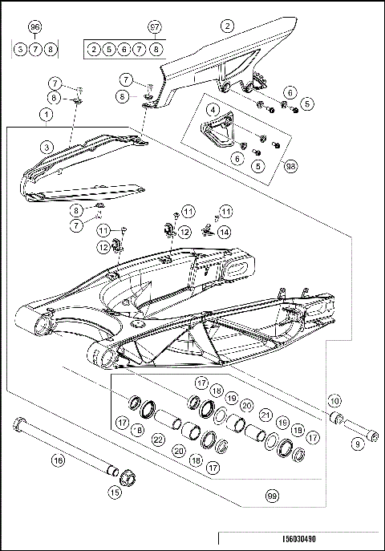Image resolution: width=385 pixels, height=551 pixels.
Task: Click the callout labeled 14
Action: (x=225, y=232)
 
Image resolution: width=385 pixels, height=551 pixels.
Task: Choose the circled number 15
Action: (x=115, y=492)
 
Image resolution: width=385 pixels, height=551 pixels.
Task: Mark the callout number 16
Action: (x=57, y=460)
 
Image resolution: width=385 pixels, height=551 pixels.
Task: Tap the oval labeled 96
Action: (x=34, y=27)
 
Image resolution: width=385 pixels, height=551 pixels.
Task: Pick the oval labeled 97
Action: (x=156, y=27)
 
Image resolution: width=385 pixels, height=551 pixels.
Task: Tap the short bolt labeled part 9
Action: (x=369, y=434)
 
